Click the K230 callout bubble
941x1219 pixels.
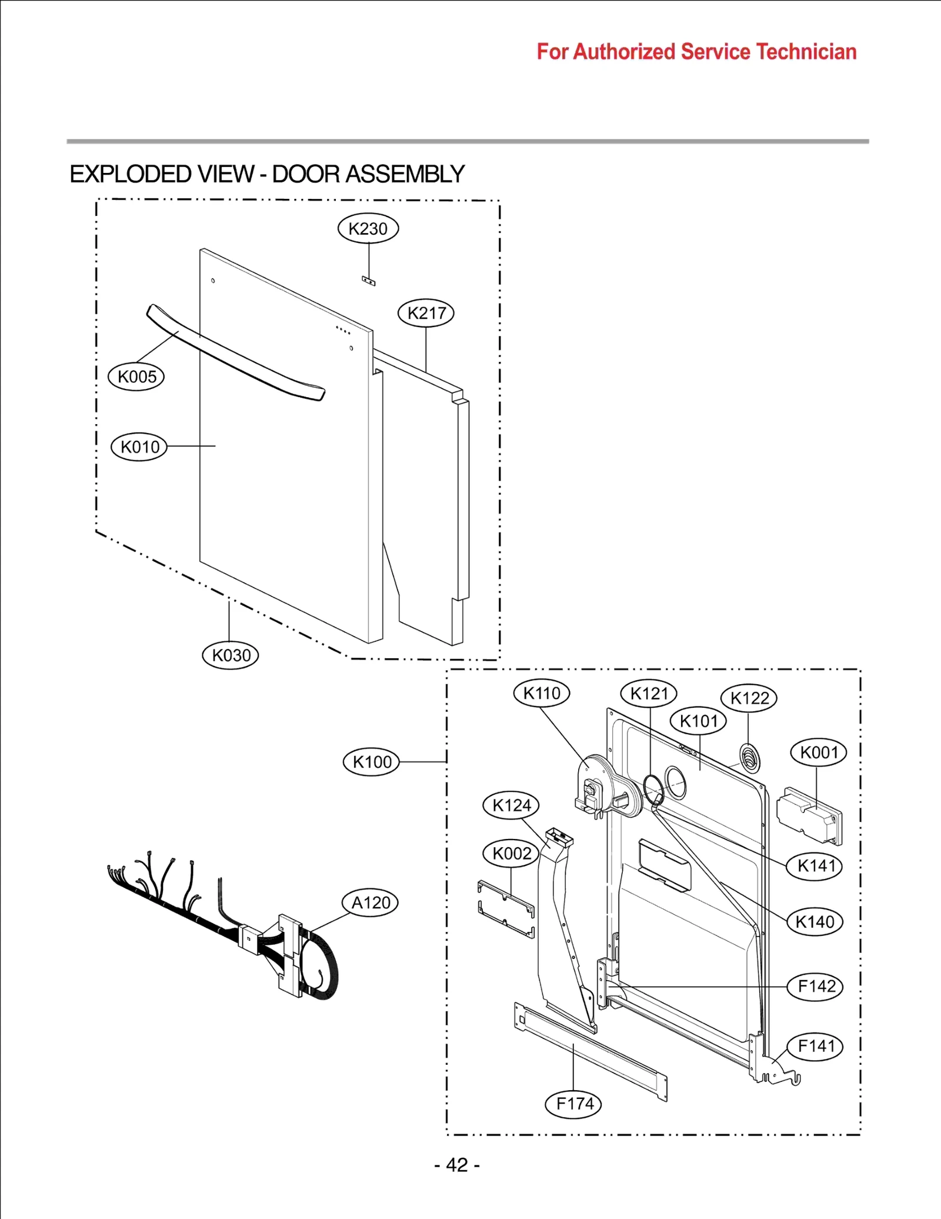(x=368, y=228)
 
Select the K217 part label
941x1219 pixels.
(x=426, y=313)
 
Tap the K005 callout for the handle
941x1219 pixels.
(x=136, y=377)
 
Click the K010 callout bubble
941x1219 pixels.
(x=139, y=447)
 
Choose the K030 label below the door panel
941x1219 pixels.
(x=231, y=655)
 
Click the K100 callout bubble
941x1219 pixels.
(x=372, y=762)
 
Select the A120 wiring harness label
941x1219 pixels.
(x=371, y=902)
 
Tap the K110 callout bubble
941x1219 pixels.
(x=542, y=693)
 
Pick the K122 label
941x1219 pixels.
(x=749, y=698)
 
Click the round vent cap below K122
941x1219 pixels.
(x=749, y=758)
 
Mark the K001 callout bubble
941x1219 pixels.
(x=819, y=752)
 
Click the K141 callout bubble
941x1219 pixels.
(x=815, y=865)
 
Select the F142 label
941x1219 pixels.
(x=816, y=986)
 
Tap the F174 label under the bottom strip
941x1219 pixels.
(x=575, y=1103)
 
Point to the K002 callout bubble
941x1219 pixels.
(x=511, y=853)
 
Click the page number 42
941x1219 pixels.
(x=457, y=1165)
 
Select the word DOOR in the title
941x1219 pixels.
(x=306, y=174)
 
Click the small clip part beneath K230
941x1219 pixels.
(x=368, y=281)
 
